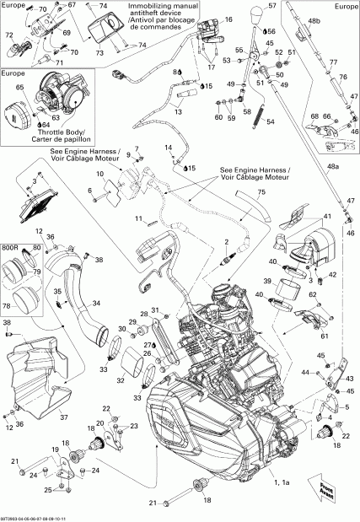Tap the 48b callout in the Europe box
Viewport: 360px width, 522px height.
coord(314,19)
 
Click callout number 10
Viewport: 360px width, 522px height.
coord(99,175)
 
